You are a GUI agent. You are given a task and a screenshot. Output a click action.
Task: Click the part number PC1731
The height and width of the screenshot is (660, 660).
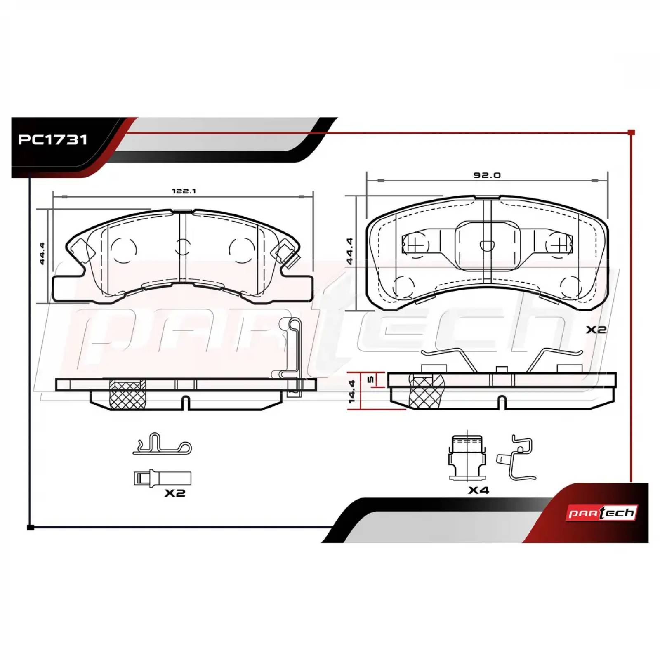pyautogui.click(x=52, y=140)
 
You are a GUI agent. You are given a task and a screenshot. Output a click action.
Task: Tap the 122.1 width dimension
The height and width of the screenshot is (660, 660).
pyautogui.click(x=184, y=191)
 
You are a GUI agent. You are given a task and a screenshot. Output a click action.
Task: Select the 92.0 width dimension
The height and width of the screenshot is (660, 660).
pyautogui.click(x=487, y=175)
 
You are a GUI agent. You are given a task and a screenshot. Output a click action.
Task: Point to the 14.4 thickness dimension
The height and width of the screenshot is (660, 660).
pyautogui.click(x=352, y=392)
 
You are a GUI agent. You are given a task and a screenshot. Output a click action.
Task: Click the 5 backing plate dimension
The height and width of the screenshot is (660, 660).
pyautogui.click(x=370, y=379)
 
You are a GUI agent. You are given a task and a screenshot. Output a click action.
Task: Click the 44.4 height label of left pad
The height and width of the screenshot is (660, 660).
pyautogui.click(x=43, y=253)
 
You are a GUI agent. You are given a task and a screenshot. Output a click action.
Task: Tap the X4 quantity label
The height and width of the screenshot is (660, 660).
pyautogui.click(x=478, y=490)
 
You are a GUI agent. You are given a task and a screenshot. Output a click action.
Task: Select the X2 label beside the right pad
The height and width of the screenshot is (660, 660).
pyautogui.click(x=596, y=330)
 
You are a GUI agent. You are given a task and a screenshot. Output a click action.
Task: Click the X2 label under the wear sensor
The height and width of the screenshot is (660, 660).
pyautogui.click(x=174, y=493)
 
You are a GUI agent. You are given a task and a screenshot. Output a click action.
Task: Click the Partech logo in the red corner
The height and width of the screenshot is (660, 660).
pyautogui.click(x=603, y=513)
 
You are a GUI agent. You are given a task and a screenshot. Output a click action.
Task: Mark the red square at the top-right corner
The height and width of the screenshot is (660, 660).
pyautogui.click(x=631, y=132)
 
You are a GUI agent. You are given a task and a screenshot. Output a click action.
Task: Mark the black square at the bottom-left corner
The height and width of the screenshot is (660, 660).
pyautogui.click(x=30, y=527)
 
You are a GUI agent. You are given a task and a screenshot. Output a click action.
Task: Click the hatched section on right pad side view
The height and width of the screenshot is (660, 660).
pyautogui.click(x=426, y=391)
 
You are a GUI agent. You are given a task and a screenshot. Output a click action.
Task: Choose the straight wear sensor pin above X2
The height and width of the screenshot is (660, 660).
pyautogui.click(x=163, y=478)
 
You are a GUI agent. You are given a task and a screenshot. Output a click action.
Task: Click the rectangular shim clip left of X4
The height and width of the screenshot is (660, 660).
pyautogui.click(x=466, y=458)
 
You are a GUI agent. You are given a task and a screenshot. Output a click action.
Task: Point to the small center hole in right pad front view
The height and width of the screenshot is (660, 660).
pyautogui.click(x=487, y=245)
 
